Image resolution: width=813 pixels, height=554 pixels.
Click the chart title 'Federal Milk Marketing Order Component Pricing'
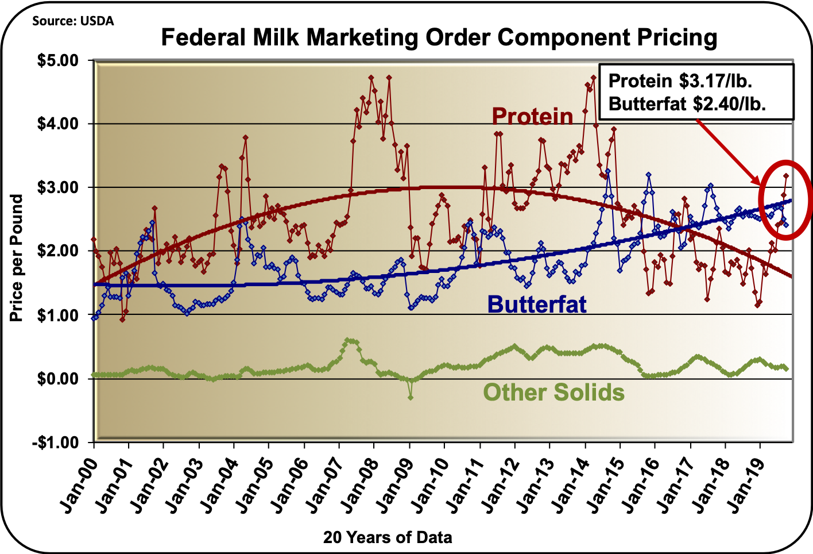(439, 38)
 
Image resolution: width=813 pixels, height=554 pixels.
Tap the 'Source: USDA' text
(73, 21)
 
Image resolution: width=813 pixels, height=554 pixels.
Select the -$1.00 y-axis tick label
(59, 443)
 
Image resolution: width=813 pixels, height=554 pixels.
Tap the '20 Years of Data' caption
(388, 538)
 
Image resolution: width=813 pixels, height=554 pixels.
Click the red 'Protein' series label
(532, 116)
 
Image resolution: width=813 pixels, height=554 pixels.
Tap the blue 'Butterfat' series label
(537, 304)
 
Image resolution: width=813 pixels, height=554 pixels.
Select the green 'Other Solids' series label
(553, 393)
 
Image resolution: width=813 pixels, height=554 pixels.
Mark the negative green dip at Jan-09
(411, 397)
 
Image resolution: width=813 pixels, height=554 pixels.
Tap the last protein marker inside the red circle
(786, 176)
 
